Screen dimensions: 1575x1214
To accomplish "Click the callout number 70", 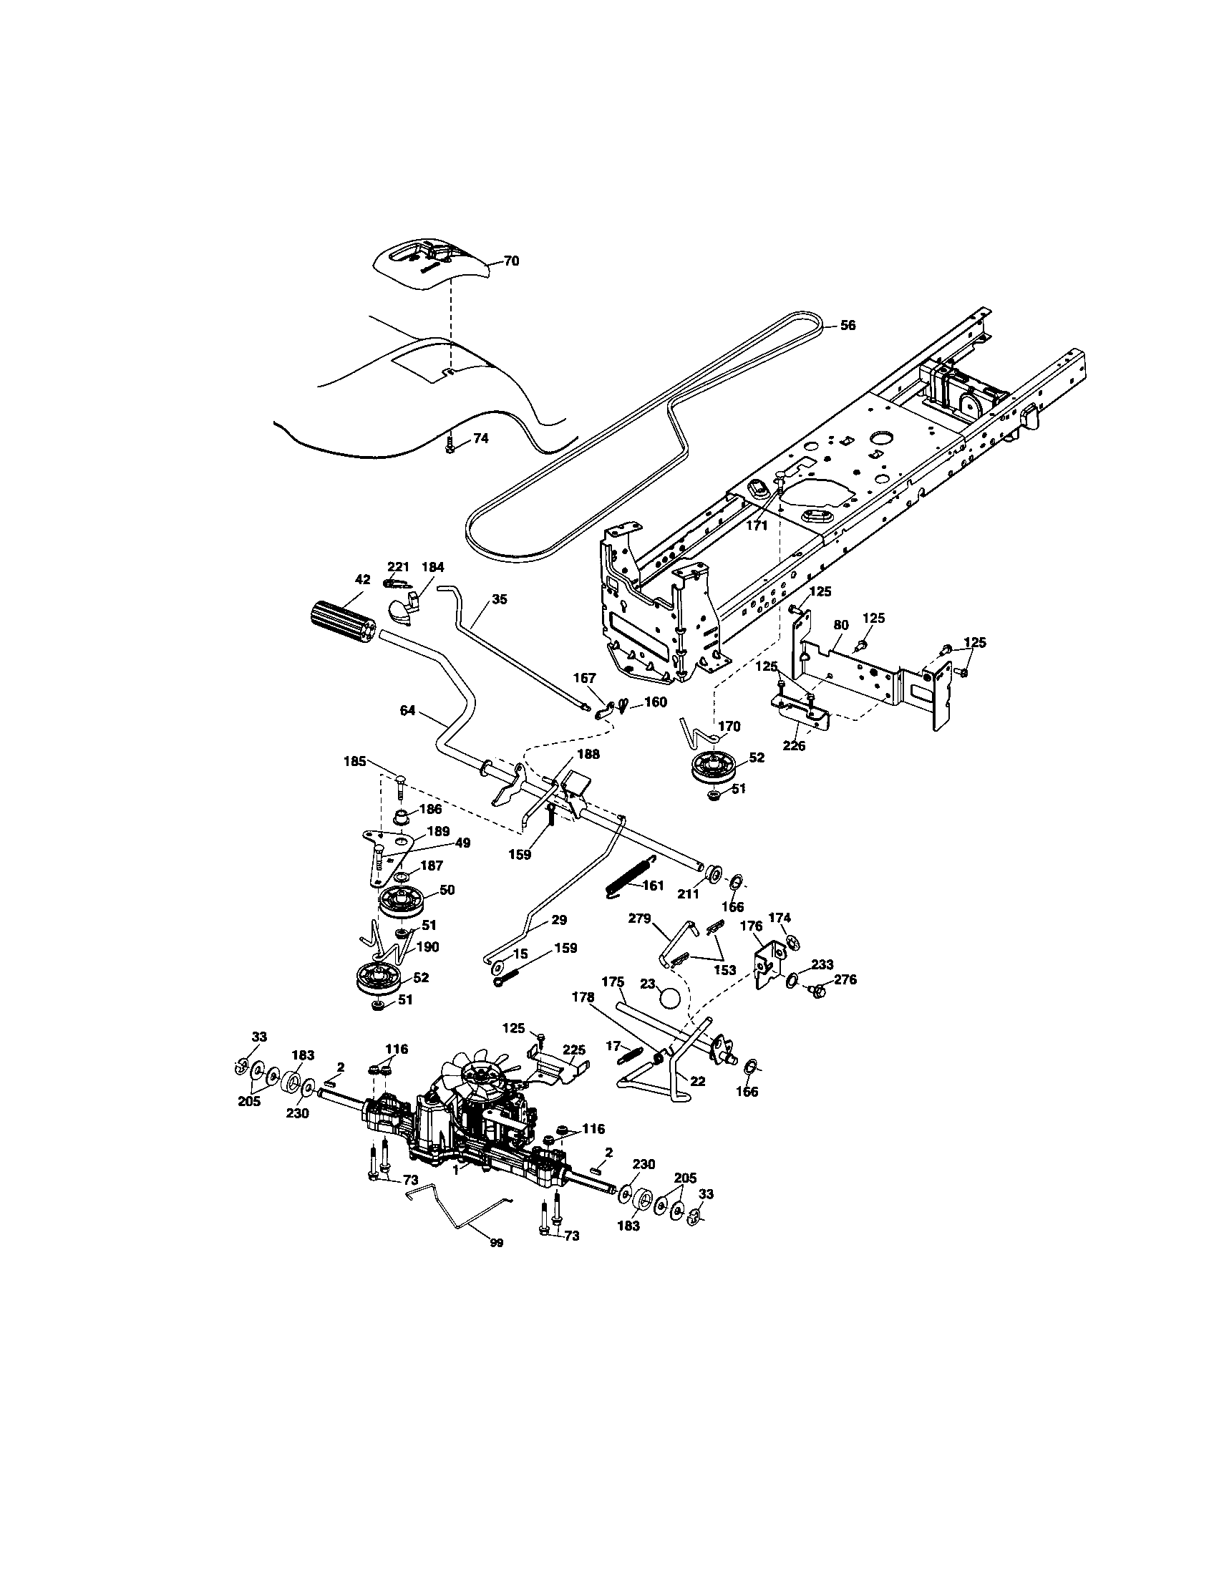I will pos(510,261).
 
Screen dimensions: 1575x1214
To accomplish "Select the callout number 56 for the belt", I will pos(848,325).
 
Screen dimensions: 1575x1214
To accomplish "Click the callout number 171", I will pos(757,525).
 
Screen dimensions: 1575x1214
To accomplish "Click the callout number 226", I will pos(795,746).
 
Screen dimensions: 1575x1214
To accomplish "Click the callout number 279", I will pos(639,919).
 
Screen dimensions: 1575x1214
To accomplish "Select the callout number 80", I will pos(840,624).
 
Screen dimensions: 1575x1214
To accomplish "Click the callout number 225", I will pos(574,1050).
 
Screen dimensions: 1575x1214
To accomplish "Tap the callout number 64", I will pos(407,711).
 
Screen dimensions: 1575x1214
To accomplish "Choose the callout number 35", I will pos(500,598).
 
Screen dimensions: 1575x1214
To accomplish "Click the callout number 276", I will pos(845,979).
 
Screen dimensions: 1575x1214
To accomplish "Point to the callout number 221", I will pos(398,567).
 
